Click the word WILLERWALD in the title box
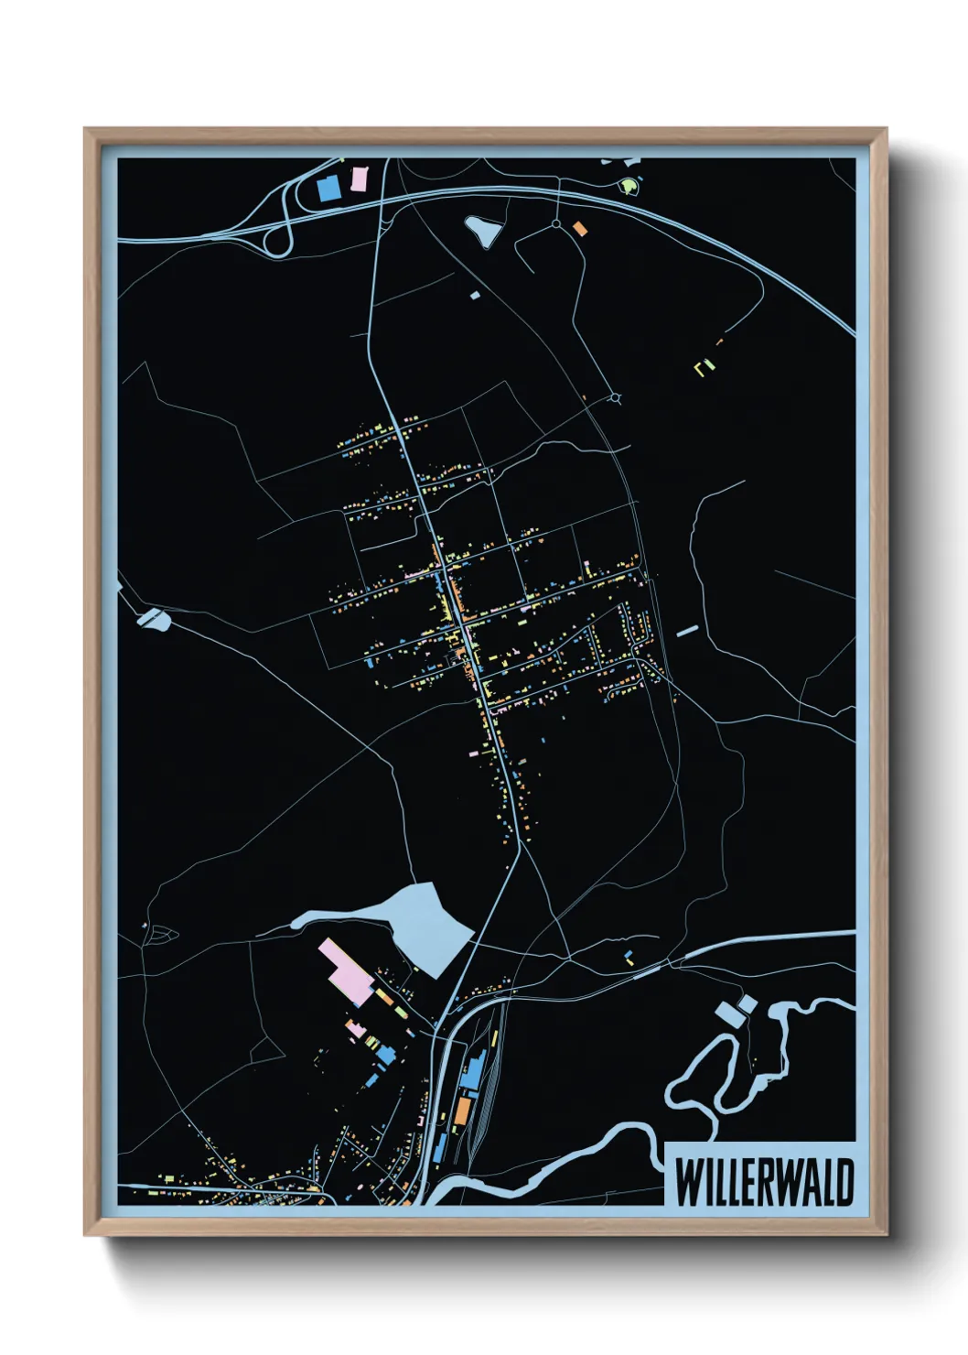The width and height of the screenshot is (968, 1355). pos(764,1182)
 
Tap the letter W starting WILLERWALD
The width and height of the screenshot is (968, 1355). pos(687,1182)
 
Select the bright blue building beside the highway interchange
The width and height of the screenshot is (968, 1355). pos(328,190)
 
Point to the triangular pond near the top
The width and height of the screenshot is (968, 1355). pos(483,230)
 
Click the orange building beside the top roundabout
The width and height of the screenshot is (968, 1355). pos(579,228)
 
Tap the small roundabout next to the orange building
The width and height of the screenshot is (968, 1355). pos(555,223)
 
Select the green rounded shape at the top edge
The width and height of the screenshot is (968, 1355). pos(628,187)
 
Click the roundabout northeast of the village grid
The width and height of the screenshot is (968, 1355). pos(615,398)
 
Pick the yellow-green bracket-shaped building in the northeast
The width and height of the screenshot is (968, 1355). pos(704,367)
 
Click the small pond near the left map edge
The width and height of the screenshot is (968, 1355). pos(154,620)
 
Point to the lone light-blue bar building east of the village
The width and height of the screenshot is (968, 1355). pos(687,631)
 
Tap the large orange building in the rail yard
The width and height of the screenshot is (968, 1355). pos(464,1111)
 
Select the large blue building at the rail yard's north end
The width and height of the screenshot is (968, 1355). pos(472,1070)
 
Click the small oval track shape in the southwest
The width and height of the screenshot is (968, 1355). pos(164,934)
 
